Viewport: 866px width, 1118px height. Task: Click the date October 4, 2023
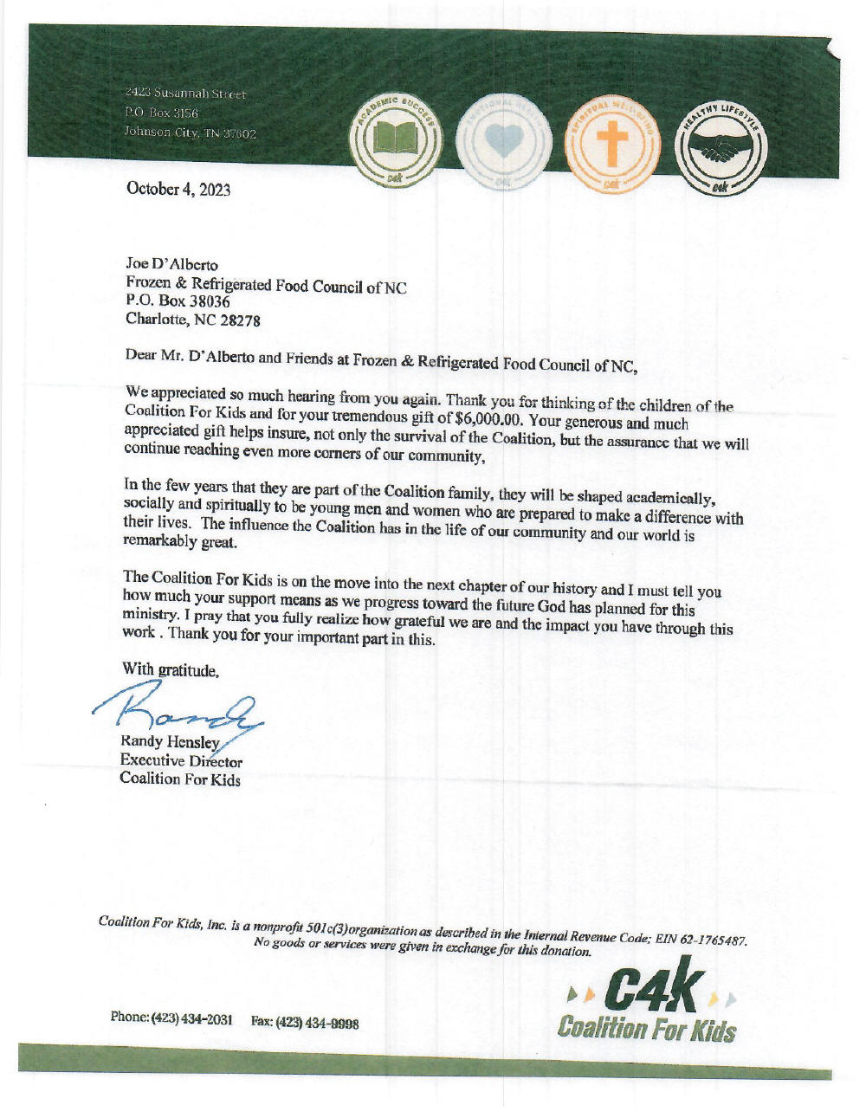178,189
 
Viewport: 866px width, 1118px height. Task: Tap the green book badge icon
396,140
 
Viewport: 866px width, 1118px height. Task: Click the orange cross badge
612,143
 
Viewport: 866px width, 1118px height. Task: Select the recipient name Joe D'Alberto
172,264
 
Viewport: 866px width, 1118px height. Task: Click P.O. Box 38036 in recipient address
178,301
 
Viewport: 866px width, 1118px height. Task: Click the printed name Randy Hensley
170,742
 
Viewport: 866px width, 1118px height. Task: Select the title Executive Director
181,760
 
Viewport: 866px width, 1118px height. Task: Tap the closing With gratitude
171,669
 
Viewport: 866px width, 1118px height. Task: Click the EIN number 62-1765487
708,940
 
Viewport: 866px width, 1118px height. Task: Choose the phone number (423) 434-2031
192,1018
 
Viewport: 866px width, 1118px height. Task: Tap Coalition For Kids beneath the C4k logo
647,1029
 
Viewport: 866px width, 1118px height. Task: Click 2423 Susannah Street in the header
185,94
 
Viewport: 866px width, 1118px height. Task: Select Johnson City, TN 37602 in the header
191,133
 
